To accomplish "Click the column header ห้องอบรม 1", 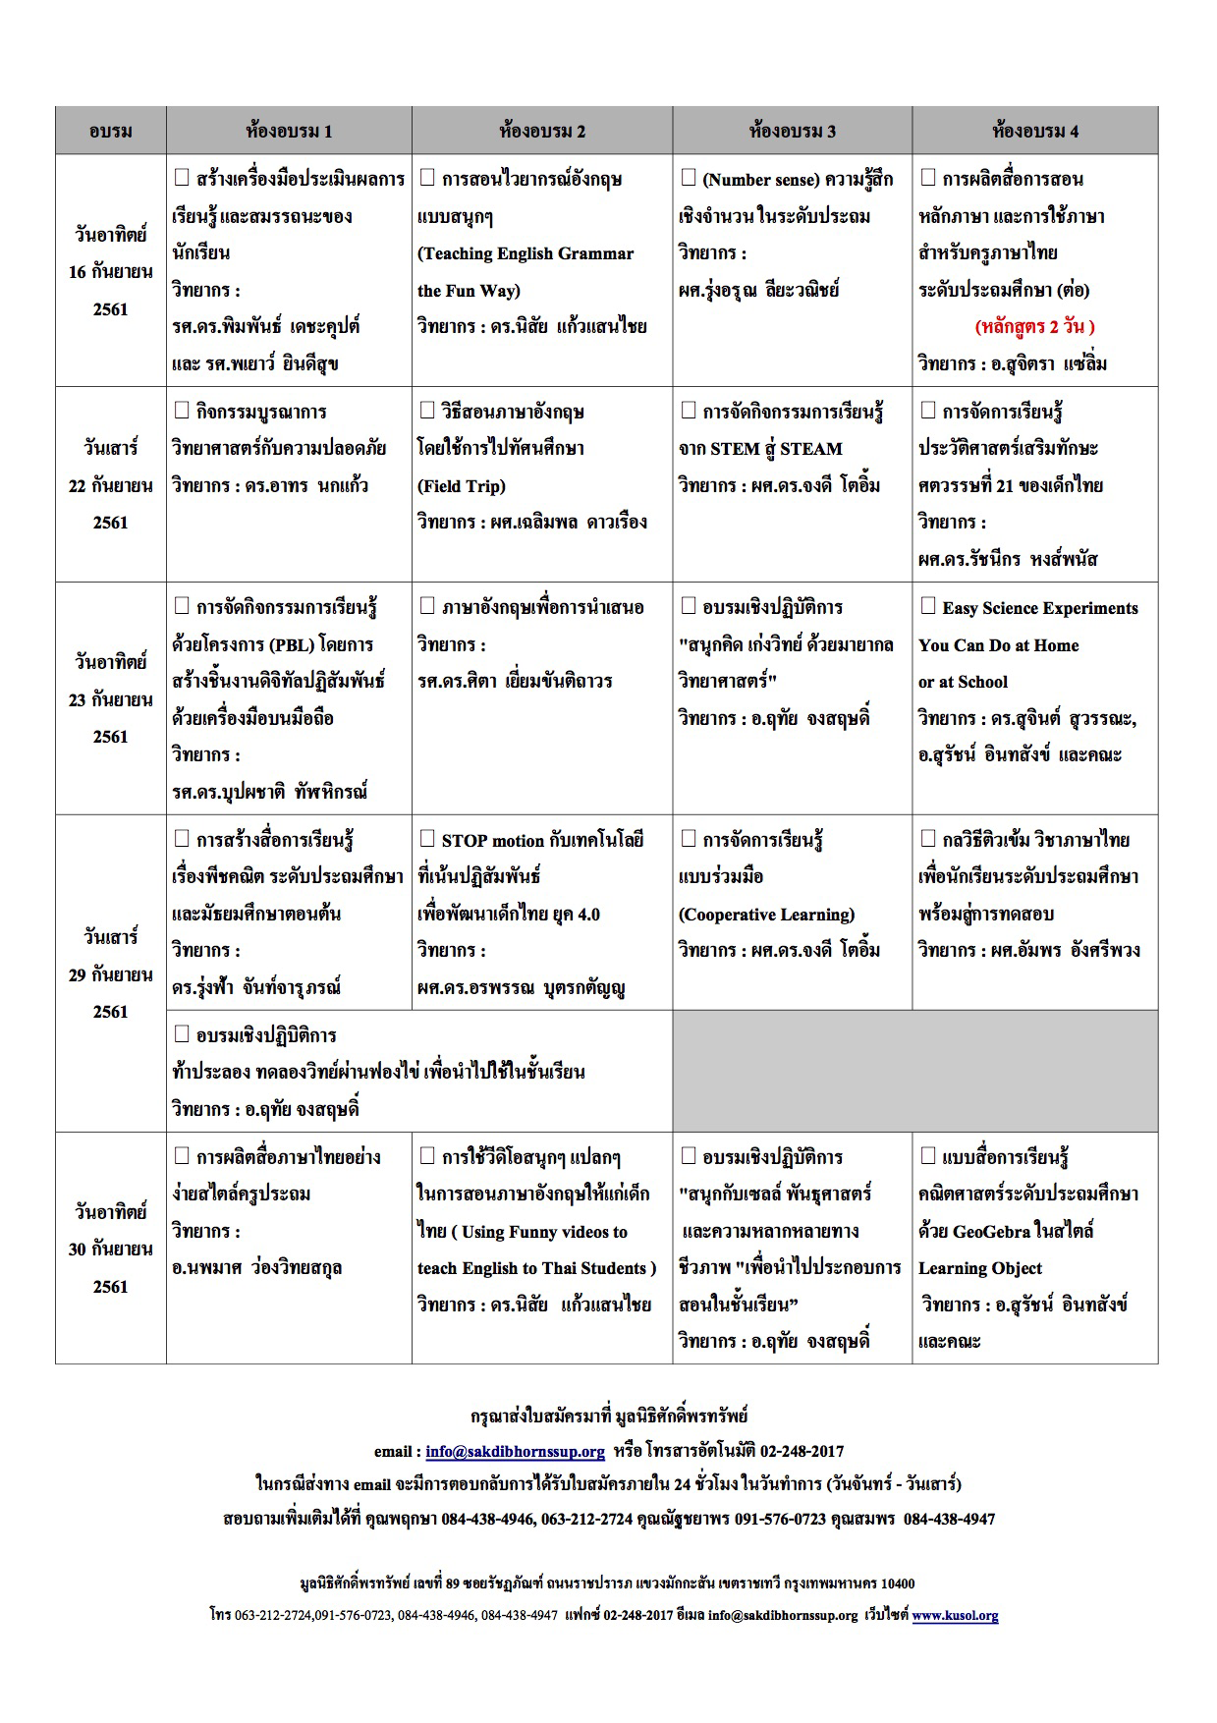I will click(x=289, y=131).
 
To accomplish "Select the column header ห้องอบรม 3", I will click(x=792, y=131).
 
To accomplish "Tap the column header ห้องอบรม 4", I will click(x=1034, y=131).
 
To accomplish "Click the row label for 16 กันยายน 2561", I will click(x=110, y=272).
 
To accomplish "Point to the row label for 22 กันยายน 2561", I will click(x=110, y=485).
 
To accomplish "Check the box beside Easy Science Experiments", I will click(x=927, y=606).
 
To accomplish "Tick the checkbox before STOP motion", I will click(x=427, y=839).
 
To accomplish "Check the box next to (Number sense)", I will click(x=688, y=178).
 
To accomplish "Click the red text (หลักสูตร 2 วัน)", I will click(x=1034, y=326).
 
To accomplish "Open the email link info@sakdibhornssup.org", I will click(x=515, y=1451).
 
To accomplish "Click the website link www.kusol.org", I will click(x=955, y=1614).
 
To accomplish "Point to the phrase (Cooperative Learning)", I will click(x=766, y=914).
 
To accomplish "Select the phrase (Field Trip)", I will click(x=462, y=485).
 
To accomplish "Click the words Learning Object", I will click(x=979, y=1267).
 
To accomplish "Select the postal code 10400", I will click(x=897, y=1583).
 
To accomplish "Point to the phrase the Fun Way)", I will click(x=469, y=290).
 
